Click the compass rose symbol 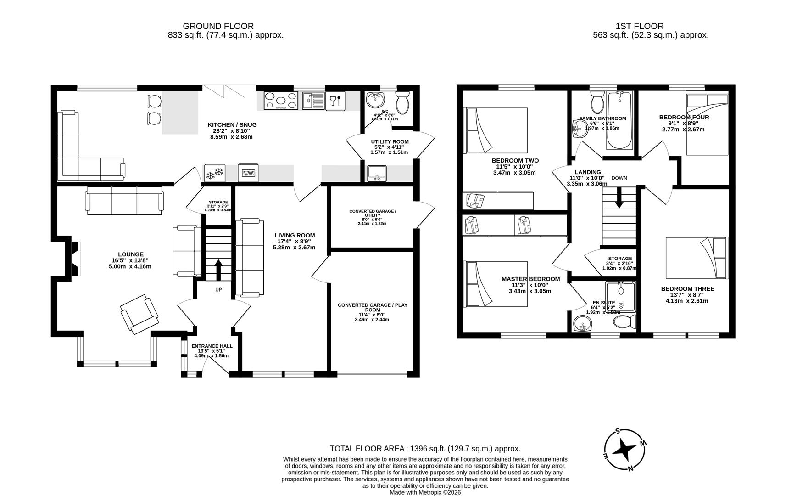point(624,450)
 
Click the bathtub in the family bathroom point(619,120)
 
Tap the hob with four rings point(281,101)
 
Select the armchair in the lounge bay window point(139,314)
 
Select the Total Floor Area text point(425,449)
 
